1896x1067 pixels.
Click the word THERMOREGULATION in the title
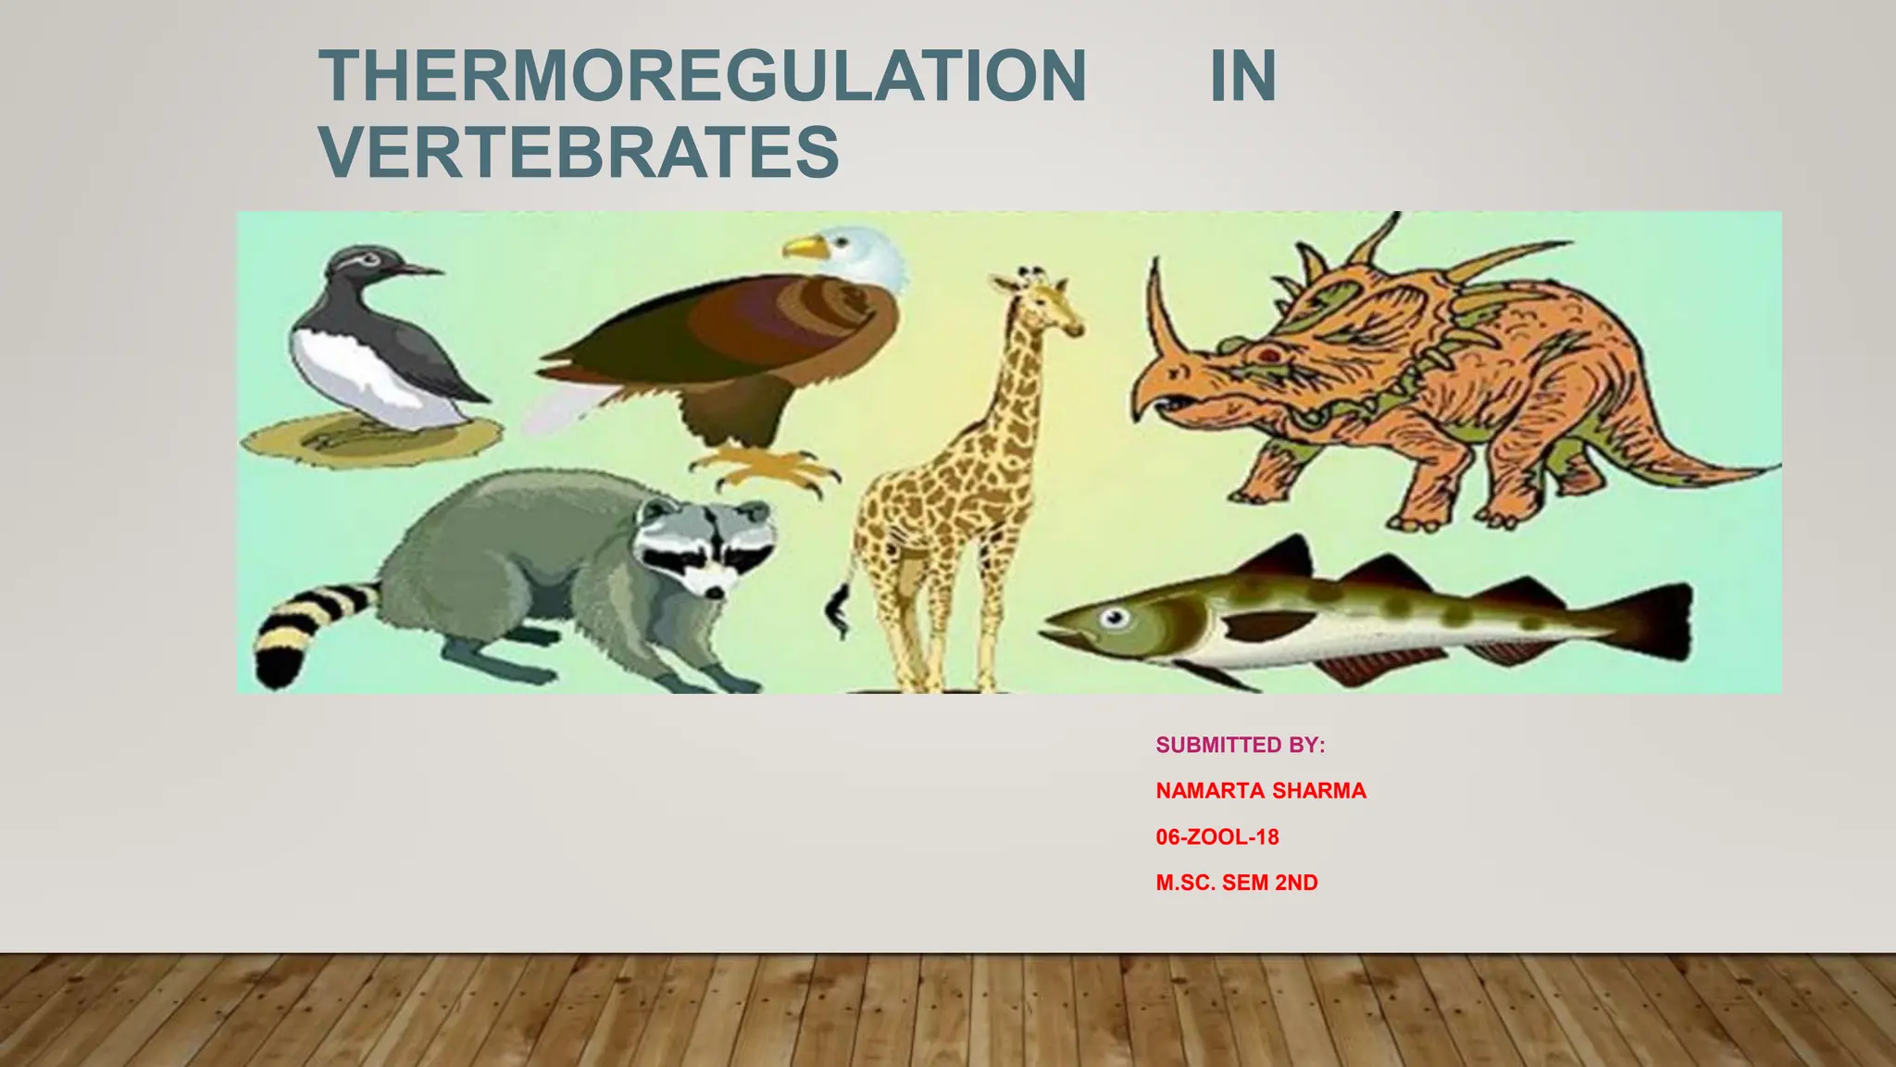[702, 76]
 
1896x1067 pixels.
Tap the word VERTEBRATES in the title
[580, 152]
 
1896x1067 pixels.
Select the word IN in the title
[1242, 76]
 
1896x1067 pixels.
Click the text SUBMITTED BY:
[1240, 746]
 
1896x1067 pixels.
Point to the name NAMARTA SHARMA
[1260, 791]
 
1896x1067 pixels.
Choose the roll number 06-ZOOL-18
[1216, 837]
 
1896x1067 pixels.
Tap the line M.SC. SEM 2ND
[1236, 883]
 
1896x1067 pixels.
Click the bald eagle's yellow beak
[804, 247]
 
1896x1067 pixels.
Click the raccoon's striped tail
[296, 630]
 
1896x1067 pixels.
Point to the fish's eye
[1116, 618]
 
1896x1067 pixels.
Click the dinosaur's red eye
[1270, 355]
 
